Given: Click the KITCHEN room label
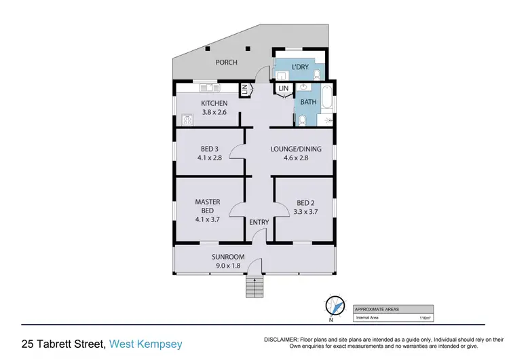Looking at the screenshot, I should [x=214, y=103].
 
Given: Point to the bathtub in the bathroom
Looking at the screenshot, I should [x=326, y=99].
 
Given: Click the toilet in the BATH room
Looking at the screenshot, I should [x=303, y=120].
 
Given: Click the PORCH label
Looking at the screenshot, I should [x=227, y=62].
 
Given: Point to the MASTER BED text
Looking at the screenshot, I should [x=208, y=206].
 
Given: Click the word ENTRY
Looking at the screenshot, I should [x=259, y=222].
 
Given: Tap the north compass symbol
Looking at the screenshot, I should [x=332, y=306].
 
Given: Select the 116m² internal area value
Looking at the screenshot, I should [x=426, y=317].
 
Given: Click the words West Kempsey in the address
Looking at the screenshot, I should [x=146, y=344].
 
